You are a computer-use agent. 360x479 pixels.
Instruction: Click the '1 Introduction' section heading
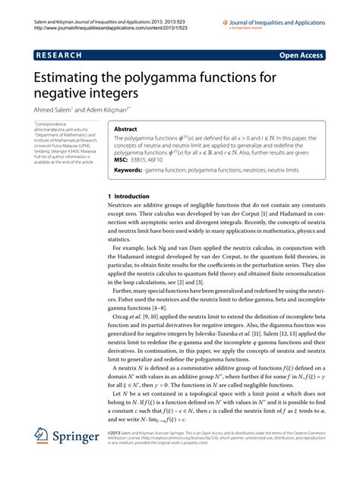[125, 196]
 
